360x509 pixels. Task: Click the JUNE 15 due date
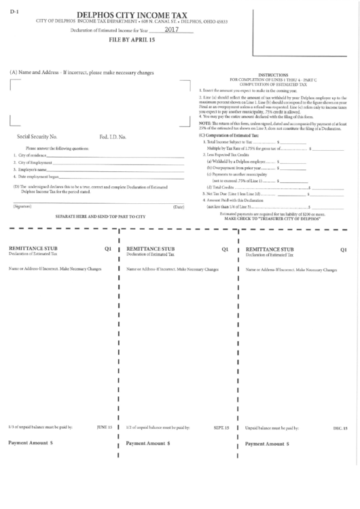click(104, 427)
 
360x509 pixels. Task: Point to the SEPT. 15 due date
click(221, 427)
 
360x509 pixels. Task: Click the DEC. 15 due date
click(340, 429)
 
